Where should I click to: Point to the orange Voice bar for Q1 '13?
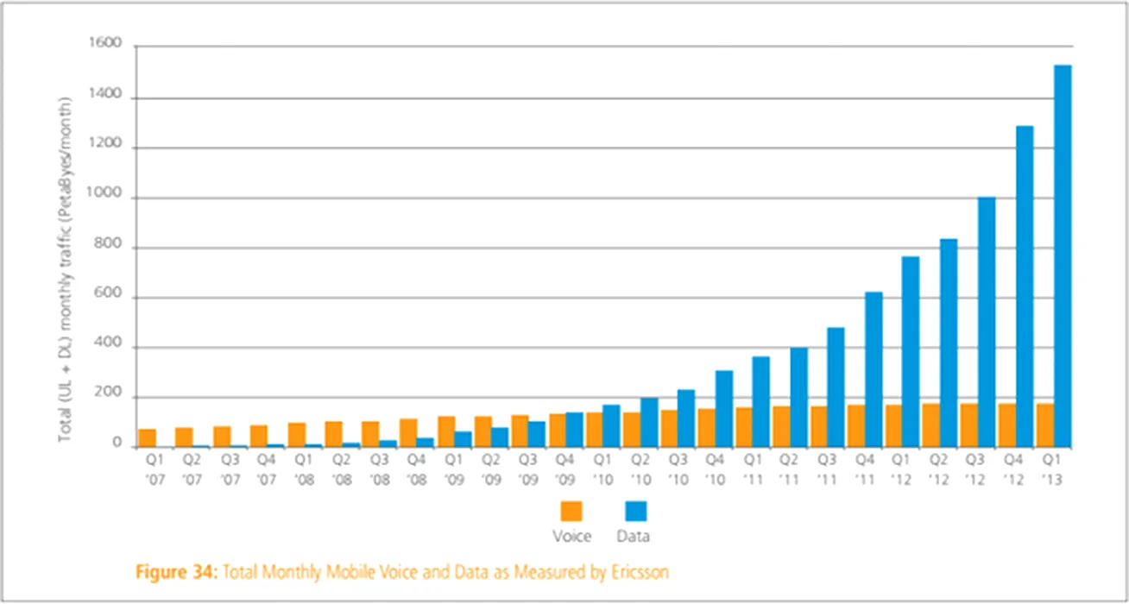(x=1044, y=425)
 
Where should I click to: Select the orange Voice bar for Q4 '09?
(x=558, y=431)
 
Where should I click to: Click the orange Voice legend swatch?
(x=571, y=511)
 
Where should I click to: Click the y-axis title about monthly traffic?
(x=66, y=267)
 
